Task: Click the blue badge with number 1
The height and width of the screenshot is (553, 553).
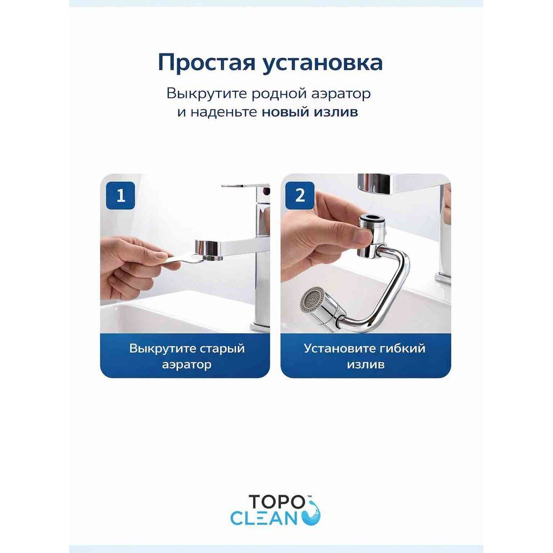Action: point(120,195)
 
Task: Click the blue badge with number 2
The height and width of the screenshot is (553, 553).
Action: point(300,195)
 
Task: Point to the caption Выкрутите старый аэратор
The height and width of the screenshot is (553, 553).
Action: point(186,356)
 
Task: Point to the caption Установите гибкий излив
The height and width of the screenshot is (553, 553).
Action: point(365,356)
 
